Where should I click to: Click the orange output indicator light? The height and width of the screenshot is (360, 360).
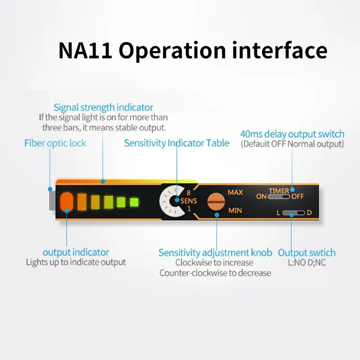(67, 202)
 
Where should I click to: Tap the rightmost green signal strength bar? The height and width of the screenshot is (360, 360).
(134, 202)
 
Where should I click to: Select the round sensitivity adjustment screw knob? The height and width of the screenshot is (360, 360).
(216, 201)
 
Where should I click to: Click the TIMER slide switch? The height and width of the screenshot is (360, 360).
(278, 197)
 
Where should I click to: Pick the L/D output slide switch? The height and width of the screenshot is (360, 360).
(293, 213)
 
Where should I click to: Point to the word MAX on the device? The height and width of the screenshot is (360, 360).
(235, 192)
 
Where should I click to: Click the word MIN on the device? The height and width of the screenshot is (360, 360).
(235, 210)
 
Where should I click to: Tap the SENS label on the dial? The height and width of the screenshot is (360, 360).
(189, 201)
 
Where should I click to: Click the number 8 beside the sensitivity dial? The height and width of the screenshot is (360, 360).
(189, 192)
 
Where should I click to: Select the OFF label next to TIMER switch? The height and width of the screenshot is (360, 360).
(298, 196)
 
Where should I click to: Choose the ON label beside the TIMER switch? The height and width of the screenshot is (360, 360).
(261, 196)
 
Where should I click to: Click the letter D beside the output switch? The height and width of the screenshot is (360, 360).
(309, 213)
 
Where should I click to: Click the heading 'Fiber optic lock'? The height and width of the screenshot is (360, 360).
(55, 143)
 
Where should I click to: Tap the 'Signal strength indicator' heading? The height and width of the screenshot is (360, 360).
(103, 108)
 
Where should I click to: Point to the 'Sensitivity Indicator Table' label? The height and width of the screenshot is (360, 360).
(177, 143)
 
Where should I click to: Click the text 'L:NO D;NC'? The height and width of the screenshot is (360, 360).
(307, 263)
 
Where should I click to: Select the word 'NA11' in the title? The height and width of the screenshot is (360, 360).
(85, 50)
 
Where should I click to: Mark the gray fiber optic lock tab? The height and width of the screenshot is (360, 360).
(52, 201)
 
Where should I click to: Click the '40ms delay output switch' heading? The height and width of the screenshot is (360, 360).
(292, 134)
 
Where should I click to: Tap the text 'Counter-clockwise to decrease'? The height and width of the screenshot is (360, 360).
(215, 273)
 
